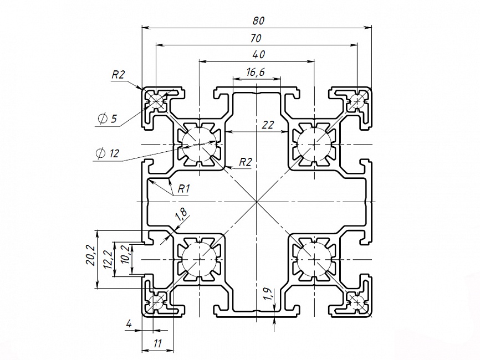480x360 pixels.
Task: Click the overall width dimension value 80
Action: click(258, 20)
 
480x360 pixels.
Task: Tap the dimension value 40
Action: click(258, 54)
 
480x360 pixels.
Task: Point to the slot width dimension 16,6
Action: click(255, 71)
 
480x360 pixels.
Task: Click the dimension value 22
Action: click(268, 125)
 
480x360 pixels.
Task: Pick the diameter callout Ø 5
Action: click(107, 119)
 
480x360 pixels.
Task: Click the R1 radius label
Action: click(184, 189)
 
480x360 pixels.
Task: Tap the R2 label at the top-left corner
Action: click(119, 75)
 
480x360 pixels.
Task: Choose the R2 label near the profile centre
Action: click(246, 162)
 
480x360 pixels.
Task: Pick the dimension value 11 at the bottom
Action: click(157, 343)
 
